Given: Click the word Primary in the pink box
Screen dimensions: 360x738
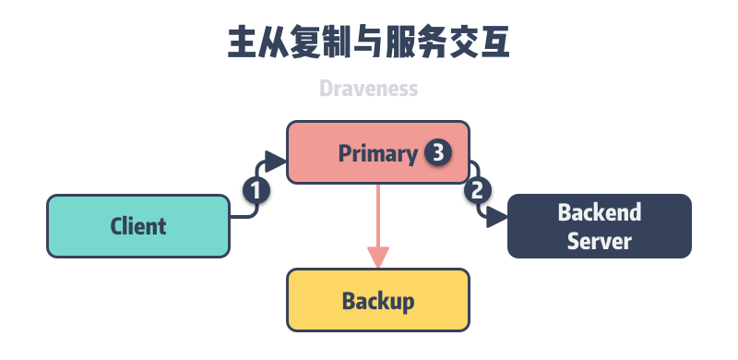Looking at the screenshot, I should click(x=377, y=153).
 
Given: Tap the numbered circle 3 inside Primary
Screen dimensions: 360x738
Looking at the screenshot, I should click(x=437, y=152).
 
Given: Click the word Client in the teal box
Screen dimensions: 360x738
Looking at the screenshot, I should click(x=138, y=226).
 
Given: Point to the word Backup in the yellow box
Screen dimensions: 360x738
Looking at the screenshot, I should click(x=378, y=301).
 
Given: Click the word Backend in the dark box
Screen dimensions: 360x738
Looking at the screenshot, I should click(x=600, y=212).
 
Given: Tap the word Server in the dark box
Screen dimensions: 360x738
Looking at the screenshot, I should click(x=600, y=241).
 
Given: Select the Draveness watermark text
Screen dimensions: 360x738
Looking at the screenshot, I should click(x=369, y=89).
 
